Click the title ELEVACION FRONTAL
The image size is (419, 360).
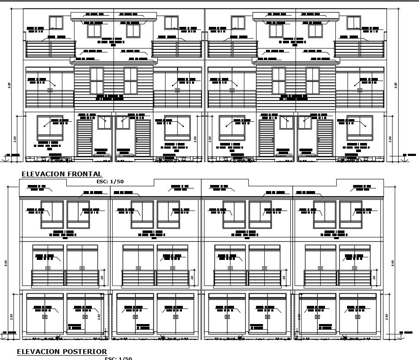pyautogui.click(x=62, y=174)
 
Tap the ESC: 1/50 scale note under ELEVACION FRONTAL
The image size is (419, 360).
pyautogui.click(x=110, y=182)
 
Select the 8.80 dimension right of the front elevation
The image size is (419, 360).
pyautogui.click(x=396, y=85)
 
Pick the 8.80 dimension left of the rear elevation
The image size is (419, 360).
pyautogui.click(x=6, y=263)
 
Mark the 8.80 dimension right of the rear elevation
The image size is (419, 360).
pyautogui.click(x=393, y=263)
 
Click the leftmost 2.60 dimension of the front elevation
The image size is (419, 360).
pyautogui.click(x=15, y=139)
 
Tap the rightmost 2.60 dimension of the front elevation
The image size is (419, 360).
pyautogui.click(x=390, y=139)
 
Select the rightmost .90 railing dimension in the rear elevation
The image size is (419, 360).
pyautogui.click(x=374, y=278)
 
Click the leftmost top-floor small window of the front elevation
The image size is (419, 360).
pyautogui.click(x=56, y=23)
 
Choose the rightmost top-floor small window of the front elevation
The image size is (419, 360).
pyautogui.click(x=354, y=23)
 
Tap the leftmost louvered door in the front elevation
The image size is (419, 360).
pyautogui.click(x=84, y=138)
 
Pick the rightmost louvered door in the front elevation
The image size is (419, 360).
pyautogui.click(x=325, y=138)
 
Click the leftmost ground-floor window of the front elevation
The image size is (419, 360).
pyautogui.click(x=50, y=127)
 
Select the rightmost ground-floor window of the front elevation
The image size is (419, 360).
pyautogui.click(x=359, y=127)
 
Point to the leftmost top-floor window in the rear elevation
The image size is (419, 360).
pyautogui.click(x=52, y=214)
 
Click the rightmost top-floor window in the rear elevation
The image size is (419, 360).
pyautogui.click(x=351, y=214)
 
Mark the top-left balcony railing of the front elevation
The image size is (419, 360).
pyautogui.click(x=50, y=49)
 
